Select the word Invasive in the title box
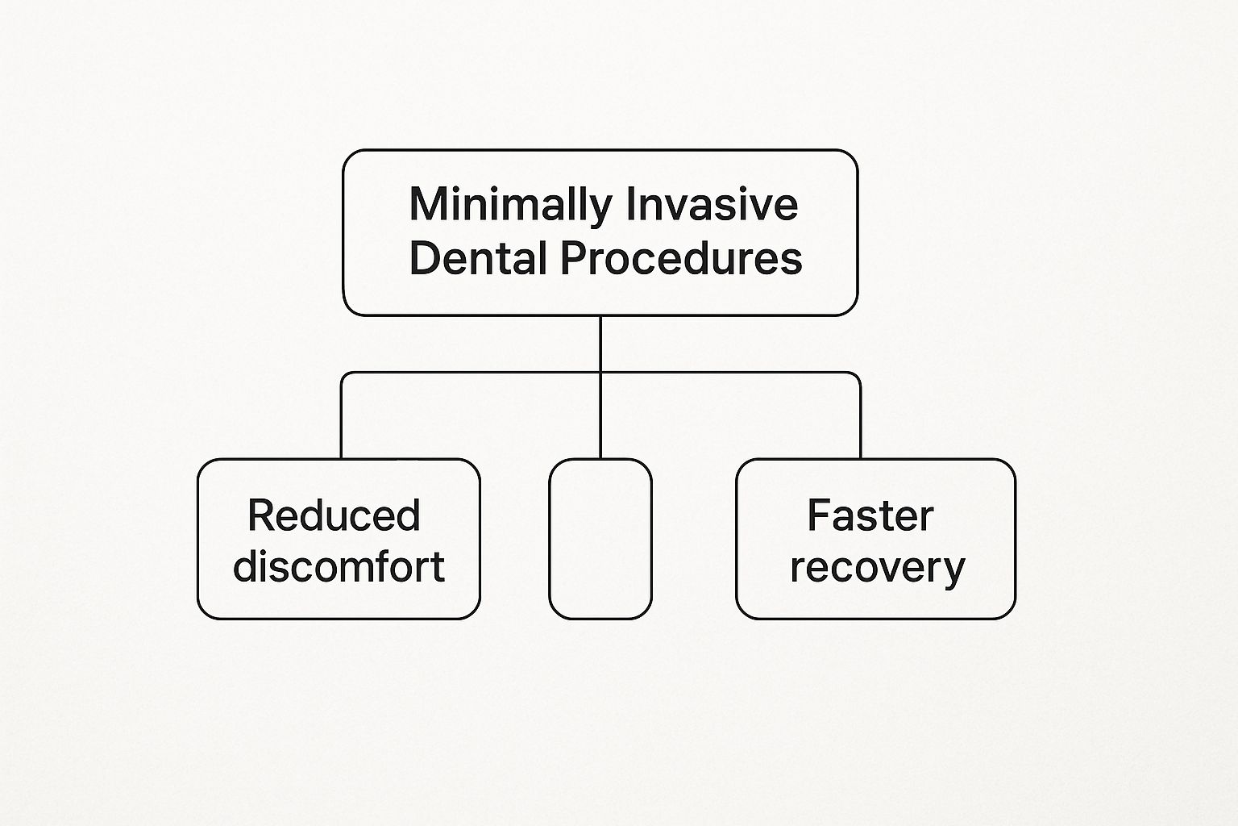click(x=713, y=204)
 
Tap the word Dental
click(x=478, y=257)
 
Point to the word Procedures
click(x=681, y=257)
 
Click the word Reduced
click(x=334, y=515)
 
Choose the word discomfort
click(x=339, y=566)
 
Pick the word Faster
click(x=870, y=515)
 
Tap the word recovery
click(x=878, y=569)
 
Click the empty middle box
click(x=600, y=539)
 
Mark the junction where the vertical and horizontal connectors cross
click(x=600, y=373)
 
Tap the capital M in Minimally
click(x=427, y=204)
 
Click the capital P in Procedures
click(x=573, y=257)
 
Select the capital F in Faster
click(x=819, y=515)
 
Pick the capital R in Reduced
click(x=261, y=515)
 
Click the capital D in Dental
click(x=425, y=257)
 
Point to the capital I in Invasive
click(x=631, y=204)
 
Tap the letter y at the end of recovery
click(x=953, y=573)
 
